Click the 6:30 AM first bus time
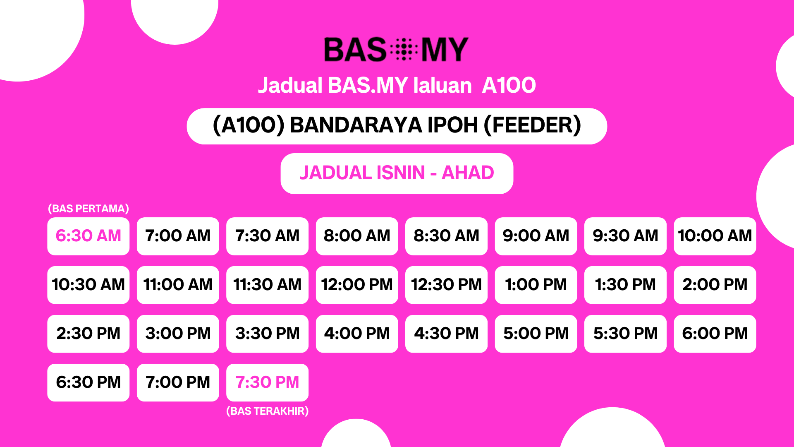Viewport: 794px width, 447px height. (88, 236)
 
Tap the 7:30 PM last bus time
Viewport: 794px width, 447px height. (267, 382)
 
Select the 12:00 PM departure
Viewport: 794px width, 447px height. (357, 285)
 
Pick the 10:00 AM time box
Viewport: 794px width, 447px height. (715, 236)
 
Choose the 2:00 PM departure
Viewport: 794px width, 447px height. (715, 285)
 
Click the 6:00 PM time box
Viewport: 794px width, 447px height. (715, 334)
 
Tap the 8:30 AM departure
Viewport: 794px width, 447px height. (446, 236)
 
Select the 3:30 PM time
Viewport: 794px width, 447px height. (267, 334)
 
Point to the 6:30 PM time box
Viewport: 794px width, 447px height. (88, 382)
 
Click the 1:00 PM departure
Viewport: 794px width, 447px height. (536, 285)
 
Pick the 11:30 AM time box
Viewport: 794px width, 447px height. (267, 285)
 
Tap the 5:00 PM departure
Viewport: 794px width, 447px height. (536, 334)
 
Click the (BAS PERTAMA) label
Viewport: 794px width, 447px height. (88, 209)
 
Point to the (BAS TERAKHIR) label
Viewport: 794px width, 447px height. (268, 411)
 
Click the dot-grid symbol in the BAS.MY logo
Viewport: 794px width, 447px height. (404, 49)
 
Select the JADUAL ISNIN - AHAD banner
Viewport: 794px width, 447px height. (397, 173)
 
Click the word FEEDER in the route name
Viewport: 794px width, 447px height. (533, 125)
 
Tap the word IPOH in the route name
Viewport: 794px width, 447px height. (452, 125)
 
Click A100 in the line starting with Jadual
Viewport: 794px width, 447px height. (509, 86)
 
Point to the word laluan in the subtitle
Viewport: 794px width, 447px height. (442, 86)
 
